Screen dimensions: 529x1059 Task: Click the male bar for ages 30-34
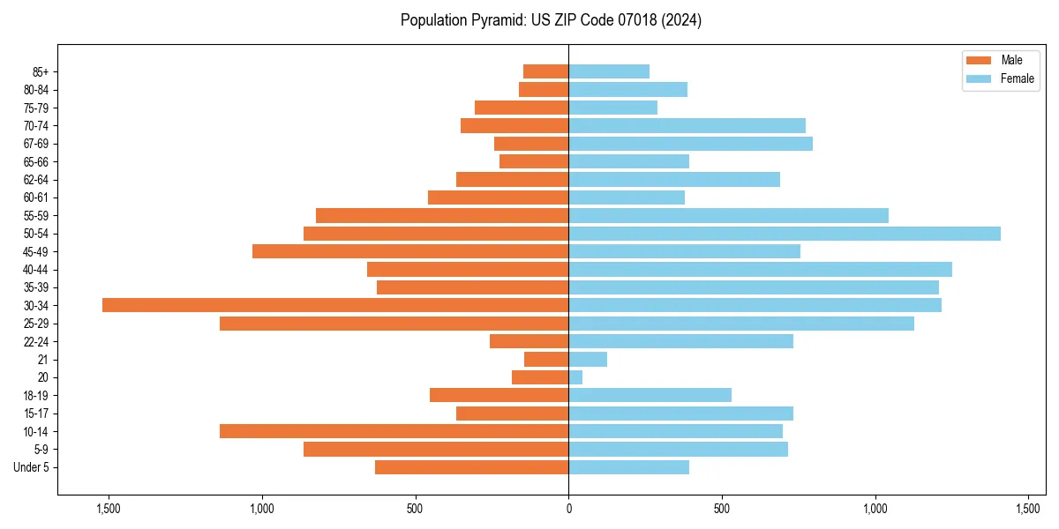335,305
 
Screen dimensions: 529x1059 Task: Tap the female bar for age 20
575,377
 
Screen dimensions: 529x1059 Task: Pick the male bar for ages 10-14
394,431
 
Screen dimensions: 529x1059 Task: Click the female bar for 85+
609,71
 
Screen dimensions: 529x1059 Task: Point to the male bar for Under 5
471,467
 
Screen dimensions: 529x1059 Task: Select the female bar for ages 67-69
690,144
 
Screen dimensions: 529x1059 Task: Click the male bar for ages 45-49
410,251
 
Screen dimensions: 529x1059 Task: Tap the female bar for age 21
588,360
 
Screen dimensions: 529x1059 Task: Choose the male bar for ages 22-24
529,341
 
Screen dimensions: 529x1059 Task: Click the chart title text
551,20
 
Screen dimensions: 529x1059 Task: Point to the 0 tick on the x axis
568,510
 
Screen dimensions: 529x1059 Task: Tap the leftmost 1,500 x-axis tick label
109,510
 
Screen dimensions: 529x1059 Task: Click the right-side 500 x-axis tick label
722,510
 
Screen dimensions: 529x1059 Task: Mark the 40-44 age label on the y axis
36,270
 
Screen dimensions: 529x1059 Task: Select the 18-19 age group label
36,396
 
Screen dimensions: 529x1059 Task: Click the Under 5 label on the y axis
32,467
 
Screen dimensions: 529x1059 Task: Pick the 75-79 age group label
36,108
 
